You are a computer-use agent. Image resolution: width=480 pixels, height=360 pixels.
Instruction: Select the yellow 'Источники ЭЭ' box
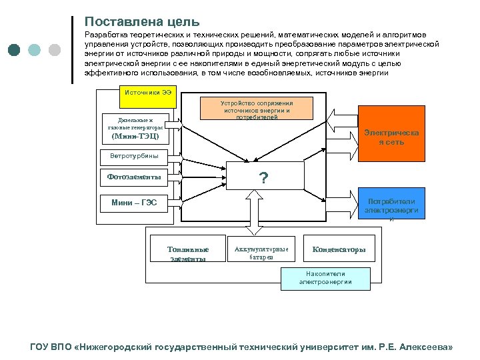point(147,92)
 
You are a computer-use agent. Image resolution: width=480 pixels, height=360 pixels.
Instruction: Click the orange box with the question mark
point(264,177)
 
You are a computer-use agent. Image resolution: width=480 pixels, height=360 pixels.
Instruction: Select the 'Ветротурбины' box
point(139,157)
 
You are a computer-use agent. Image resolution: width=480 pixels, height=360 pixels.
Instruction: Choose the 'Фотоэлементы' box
point(139,177)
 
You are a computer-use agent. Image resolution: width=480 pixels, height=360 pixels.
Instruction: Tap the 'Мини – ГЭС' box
point(139,202)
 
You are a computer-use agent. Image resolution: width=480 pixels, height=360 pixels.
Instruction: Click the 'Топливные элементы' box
point(187,254)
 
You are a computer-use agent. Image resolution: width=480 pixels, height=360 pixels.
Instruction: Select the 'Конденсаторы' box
point(339,250)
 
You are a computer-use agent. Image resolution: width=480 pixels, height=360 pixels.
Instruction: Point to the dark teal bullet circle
point(15,50)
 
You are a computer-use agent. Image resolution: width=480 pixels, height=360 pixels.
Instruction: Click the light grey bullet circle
point(55,50)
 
